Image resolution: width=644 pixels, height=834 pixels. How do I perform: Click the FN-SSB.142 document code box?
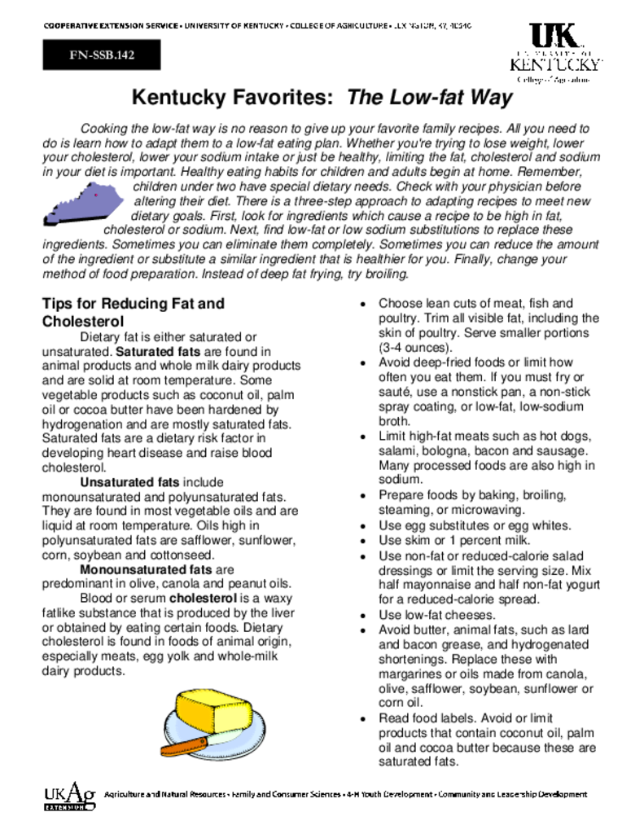(102, 55)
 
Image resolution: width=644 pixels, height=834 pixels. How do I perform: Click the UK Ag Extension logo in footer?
(69, 796)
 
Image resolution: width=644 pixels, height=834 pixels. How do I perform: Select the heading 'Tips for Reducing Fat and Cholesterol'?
(132, 312)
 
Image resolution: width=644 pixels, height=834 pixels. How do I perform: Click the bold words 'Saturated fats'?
(158, 352)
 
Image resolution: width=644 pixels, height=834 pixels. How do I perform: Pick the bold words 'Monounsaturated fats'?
(146, 570)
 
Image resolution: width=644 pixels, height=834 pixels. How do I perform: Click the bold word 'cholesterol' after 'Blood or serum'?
(204, 599)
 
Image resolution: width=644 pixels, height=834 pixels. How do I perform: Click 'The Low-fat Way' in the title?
(430, 99)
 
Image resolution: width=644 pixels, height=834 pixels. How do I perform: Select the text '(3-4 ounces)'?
(410, 347)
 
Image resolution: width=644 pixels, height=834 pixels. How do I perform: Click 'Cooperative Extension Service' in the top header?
(112, 26)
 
